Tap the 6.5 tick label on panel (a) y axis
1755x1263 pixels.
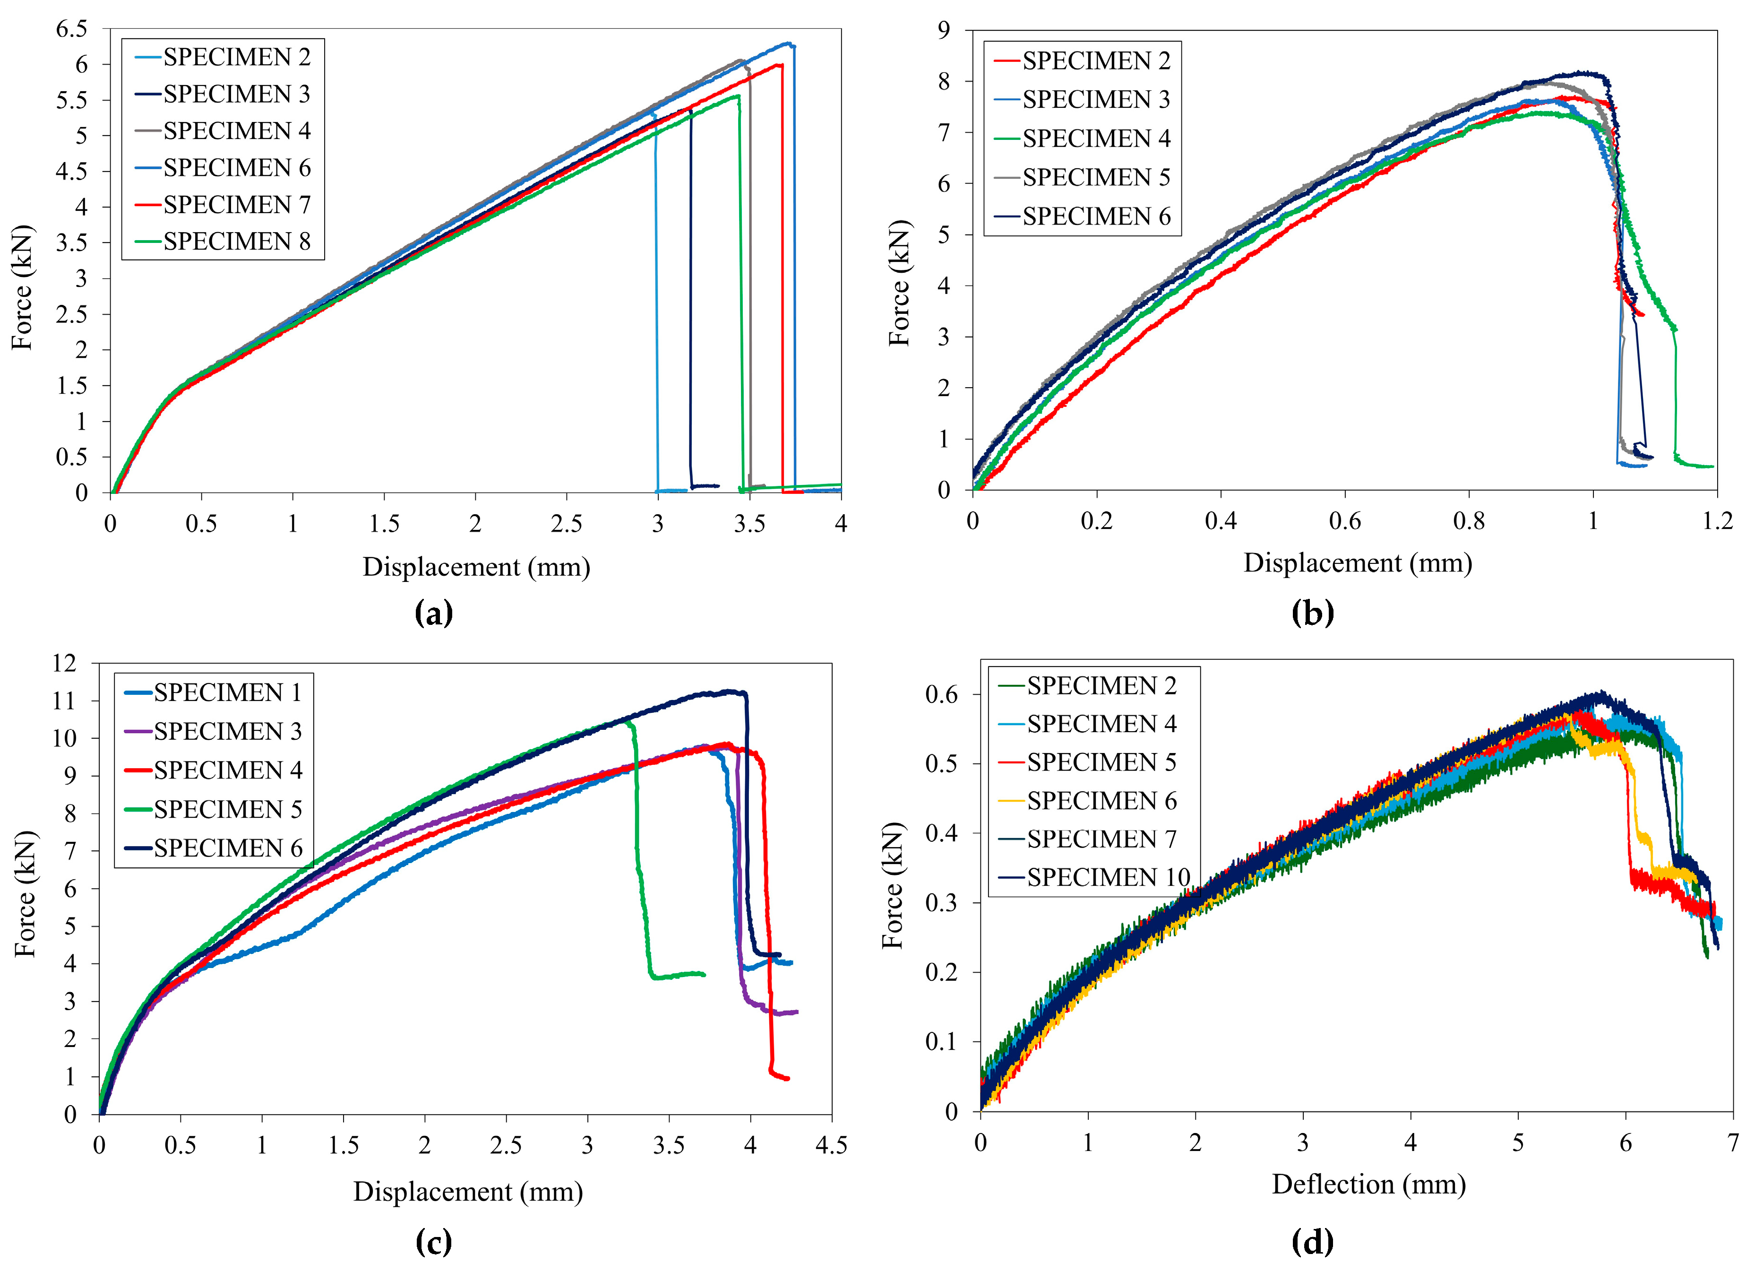(71, 29)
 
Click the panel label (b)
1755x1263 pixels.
(1313, 614)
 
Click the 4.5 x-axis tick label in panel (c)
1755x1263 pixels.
(831, 1145)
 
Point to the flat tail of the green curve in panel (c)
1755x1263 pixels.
(681, 974)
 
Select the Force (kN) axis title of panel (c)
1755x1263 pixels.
(26, 894)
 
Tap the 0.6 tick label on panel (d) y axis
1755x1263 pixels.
(941, 694)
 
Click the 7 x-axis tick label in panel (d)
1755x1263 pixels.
(1733, 1143)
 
